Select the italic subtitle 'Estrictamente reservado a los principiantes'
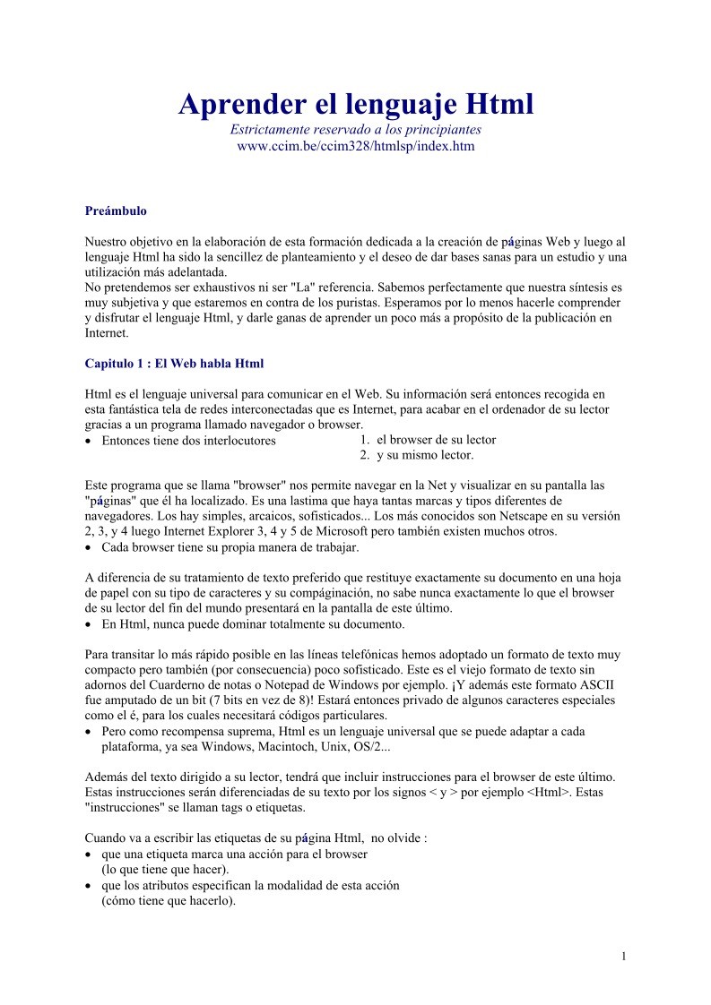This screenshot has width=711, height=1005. (355, 130)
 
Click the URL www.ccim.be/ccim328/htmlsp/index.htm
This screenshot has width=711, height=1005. (355, 145)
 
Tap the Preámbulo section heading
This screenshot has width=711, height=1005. (116, 211)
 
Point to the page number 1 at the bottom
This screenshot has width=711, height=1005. (623, 957)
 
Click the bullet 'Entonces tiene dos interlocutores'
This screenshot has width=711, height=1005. (188, 441)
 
